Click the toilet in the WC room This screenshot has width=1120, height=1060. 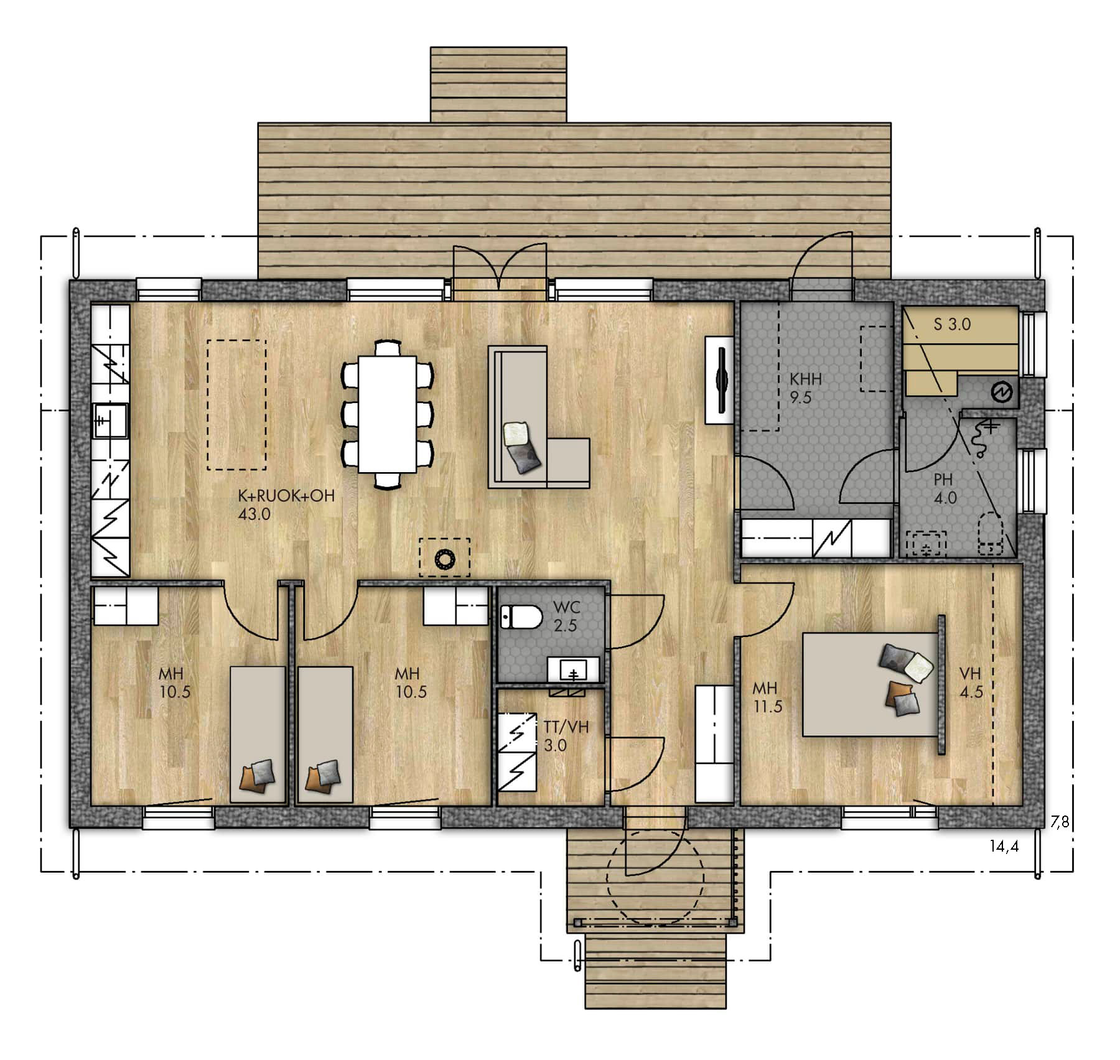point(521,618)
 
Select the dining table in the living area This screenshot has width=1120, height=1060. point(387,414)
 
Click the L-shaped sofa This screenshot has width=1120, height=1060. point(538,417)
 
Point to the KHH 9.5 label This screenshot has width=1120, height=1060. point(806,388)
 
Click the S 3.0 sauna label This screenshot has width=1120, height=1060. point(952,324)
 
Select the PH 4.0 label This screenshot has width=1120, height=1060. point(944,488)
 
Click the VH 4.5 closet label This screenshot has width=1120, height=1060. point(971,682)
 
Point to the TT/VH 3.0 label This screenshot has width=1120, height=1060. point(566,736)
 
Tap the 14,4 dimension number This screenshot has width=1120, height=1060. point(1004,846)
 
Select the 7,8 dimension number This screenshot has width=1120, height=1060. point(1060,822)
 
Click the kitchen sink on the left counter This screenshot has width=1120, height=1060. point(110,421)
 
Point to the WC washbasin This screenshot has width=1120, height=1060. point(574,671)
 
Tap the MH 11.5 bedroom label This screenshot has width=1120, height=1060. point(767,697)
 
